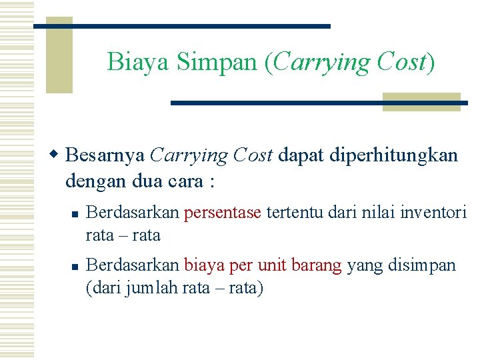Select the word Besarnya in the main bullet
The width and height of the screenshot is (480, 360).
(x=105, y=156)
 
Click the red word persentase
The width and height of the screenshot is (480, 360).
(x=223, y=213)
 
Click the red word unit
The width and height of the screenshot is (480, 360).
(x=271, y=265)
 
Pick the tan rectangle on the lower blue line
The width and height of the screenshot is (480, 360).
(x=421, y=102)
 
